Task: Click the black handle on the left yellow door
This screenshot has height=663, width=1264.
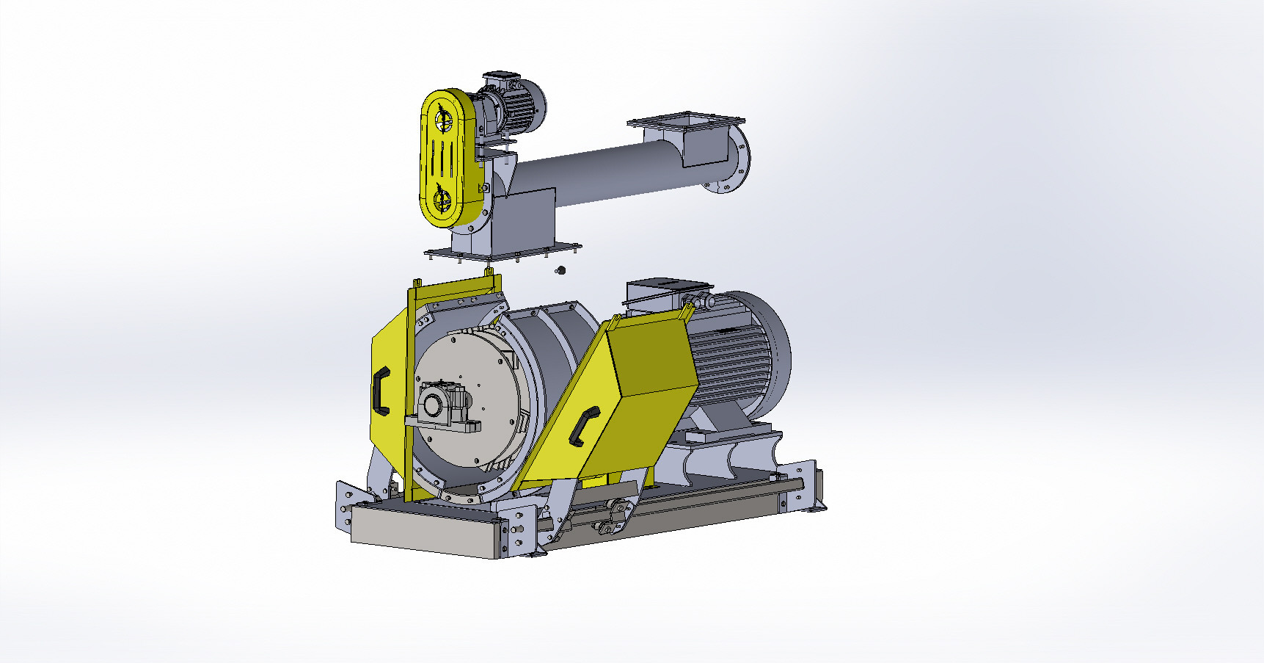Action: tap(381, 390)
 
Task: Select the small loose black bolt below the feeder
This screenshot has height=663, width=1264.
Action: tap(562, 271)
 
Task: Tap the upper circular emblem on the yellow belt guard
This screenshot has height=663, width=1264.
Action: tap(442, 118)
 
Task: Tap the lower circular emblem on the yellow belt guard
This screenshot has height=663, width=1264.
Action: tap(442, 200)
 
